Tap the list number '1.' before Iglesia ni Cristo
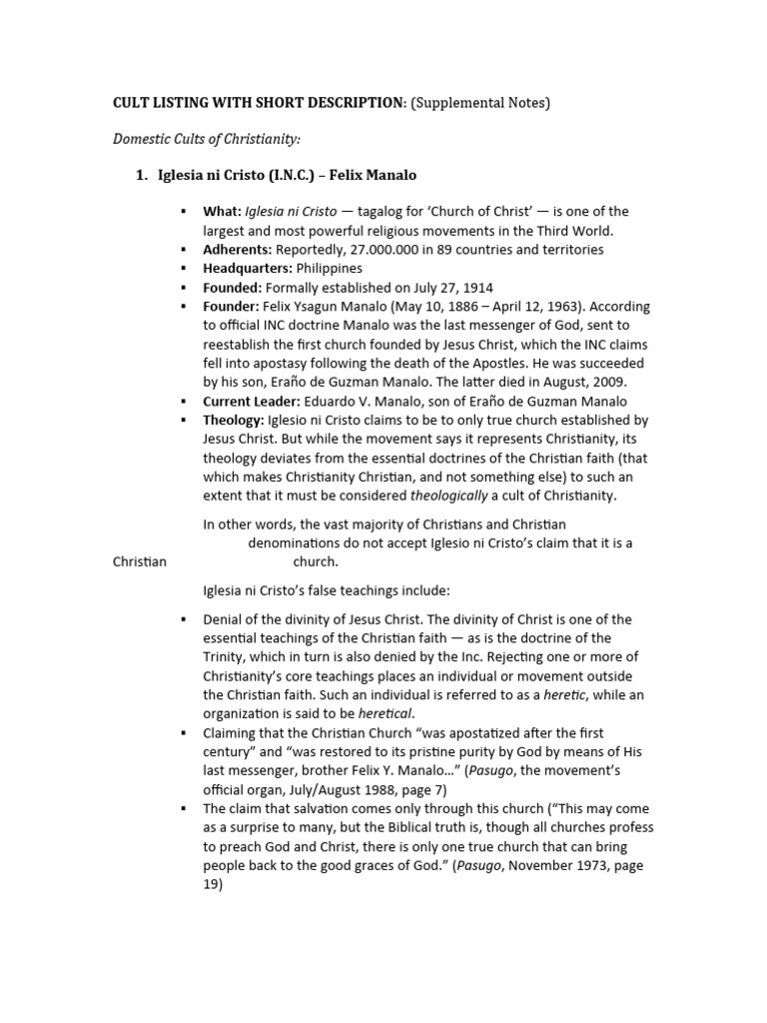[x=142, y=176]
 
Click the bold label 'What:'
[x=222, y=212]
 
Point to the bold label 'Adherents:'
[x=238, y=250]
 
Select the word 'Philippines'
[x=332, y=269]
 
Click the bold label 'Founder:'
[x=231, y=307]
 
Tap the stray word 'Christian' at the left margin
[x=140, y=562]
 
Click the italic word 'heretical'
[x=383, y=713]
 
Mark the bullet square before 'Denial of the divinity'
[x=184, y=619]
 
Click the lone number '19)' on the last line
[x=214, y=885]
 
